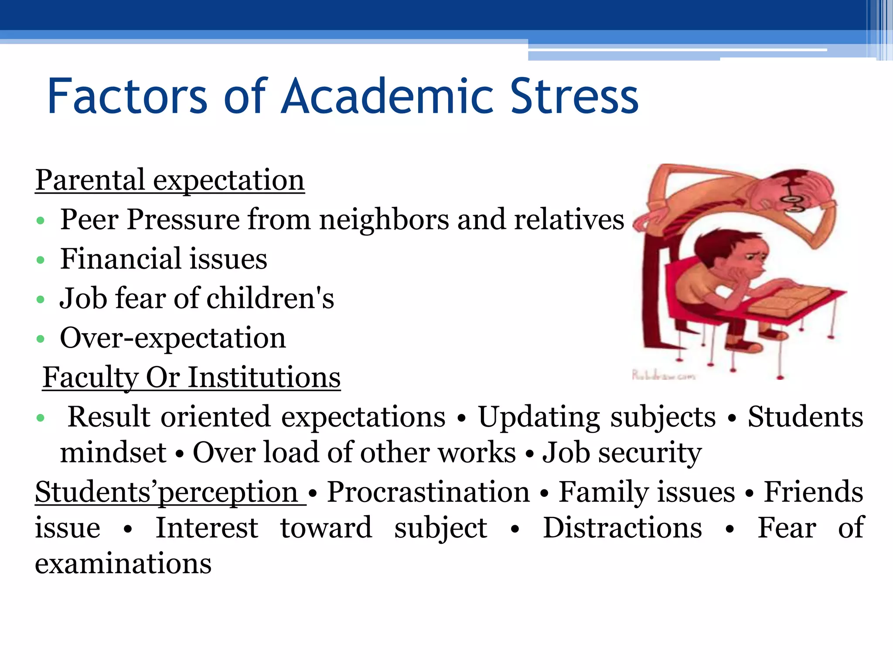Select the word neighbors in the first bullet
point(384,219)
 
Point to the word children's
point(270,298)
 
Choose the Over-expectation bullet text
point(173,338)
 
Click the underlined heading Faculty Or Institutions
point(191,377)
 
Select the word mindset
point(113,452)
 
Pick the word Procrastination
point(428,492)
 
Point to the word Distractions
point(622,528)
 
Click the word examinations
point(123,564)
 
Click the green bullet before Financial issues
point(41,260)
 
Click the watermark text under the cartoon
point(663,375)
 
